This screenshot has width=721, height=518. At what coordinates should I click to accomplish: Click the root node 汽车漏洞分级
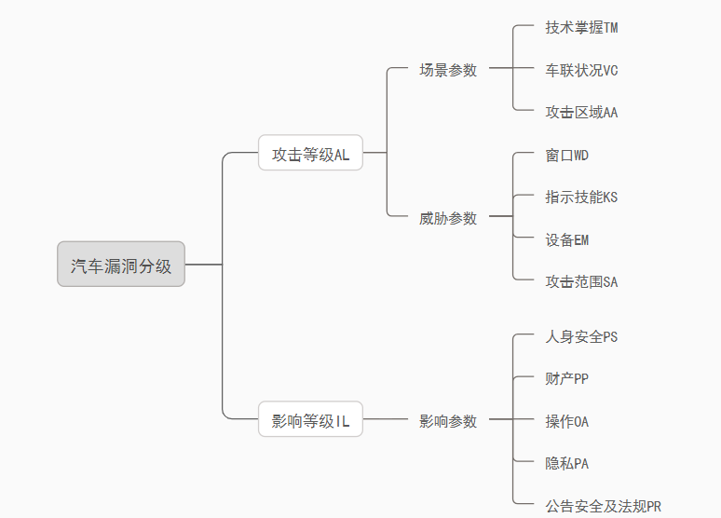tap(121, 265)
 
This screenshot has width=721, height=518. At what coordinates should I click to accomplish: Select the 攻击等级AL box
tap(310, 155)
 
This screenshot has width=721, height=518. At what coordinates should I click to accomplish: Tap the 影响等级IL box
tap(310, 421)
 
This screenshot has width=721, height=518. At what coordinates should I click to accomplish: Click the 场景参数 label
tap(448, 70)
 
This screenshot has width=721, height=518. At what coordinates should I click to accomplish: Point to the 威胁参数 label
tap(448, 218)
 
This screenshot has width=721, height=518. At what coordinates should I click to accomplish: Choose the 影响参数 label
tap(448, 421)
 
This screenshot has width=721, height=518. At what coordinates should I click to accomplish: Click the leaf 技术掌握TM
tap(581, 28)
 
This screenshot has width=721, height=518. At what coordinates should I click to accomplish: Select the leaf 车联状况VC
tap(581, 70)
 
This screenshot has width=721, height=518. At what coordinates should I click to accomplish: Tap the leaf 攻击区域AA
tap(581, 112)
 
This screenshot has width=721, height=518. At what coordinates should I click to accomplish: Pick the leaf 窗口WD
tap(566, 155)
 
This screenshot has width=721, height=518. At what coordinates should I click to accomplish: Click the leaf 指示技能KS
tap(581, 197)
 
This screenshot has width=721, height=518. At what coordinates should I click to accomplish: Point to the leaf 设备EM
tap(566, 239)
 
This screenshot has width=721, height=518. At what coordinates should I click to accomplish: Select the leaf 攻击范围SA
tap(581, 281)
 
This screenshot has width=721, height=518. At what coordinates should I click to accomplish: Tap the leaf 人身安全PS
tap(581, 336)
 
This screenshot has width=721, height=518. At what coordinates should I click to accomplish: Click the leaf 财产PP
tap(566, 378)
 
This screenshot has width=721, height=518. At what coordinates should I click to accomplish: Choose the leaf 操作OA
tap(566, 421)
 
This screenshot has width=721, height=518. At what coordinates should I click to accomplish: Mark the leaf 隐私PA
tap(566, 463)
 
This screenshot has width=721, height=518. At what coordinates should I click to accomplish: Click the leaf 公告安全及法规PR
tap(603, 506)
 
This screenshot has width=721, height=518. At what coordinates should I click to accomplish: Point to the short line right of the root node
tap(203, 265)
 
